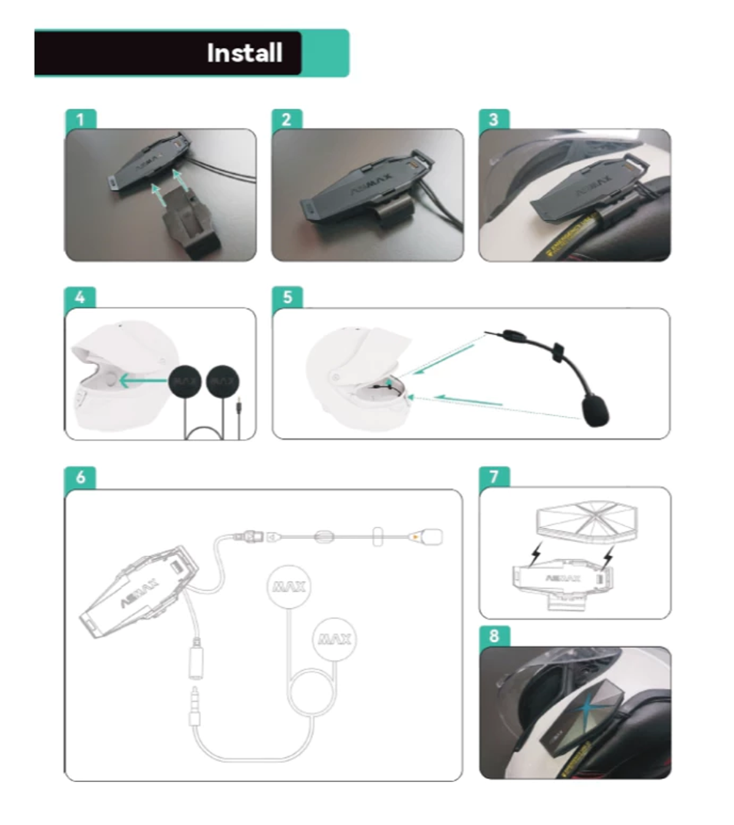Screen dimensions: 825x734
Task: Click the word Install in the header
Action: click(x=245, y=53)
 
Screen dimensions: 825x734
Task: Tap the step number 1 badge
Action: click(x=80, y=119)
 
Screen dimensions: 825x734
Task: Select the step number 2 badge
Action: click(x=286, y=119)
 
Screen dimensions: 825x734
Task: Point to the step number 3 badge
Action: click(x=494, y=119)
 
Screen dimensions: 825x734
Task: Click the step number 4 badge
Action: click(x=80, y=297)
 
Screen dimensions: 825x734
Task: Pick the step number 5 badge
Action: click(x=287, y=297)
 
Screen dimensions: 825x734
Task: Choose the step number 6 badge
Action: click(x=80, y=477)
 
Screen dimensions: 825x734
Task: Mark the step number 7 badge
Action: click(x=494, y=477)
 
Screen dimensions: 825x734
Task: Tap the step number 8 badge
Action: click(x=494, y=636)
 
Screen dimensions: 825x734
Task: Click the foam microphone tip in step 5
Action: click(x=595, y=411)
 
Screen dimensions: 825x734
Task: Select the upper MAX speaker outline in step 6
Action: click(x=290, y=586)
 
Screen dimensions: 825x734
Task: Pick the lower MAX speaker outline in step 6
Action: click(x=334, y=638)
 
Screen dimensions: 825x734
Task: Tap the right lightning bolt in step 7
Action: click(x=608, y=557)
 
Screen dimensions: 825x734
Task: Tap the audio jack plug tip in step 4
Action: click(x=237, y=406)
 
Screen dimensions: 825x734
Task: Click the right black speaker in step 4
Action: click(x=223, y=382)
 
